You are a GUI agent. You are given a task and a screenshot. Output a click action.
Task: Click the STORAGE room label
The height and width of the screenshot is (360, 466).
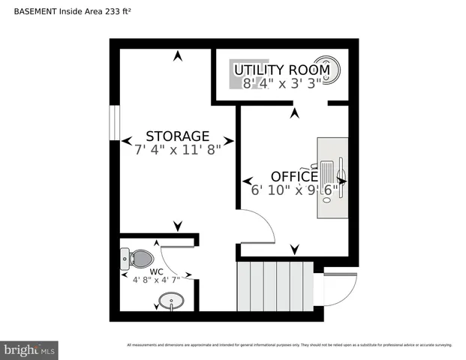pos(177,136)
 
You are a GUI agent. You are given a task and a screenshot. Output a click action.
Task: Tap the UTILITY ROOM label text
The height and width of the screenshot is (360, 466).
pos(282,70)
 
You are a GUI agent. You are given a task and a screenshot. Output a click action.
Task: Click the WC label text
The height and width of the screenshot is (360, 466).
pos(156,271)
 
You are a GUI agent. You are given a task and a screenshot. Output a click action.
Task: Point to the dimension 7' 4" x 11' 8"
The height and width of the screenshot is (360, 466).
pos(178,149)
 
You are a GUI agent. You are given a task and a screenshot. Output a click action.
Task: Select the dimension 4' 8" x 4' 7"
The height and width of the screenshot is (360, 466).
pos(157,280)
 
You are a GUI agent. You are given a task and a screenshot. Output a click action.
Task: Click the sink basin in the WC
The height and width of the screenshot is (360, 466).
pos(171,303)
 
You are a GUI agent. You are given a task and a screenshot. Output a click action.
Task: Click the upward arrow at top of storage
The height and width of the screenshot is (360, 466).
pos(178,55)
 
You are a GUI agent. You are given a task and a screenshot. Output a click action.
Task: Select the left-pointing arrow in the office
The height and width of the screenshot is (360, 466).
pos(246,181)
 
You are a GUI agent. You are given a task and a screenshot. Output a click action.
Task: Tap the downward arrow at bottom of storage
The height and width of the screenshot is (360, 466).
pos(178,226)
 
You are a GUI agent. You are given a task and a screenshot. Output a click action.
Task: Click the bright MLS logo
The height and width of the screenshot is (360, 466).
pos(30,349)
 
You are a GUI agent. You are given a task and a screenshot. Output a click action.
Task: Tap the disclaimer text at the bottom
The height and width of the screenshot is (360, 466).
pos(289,345)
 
